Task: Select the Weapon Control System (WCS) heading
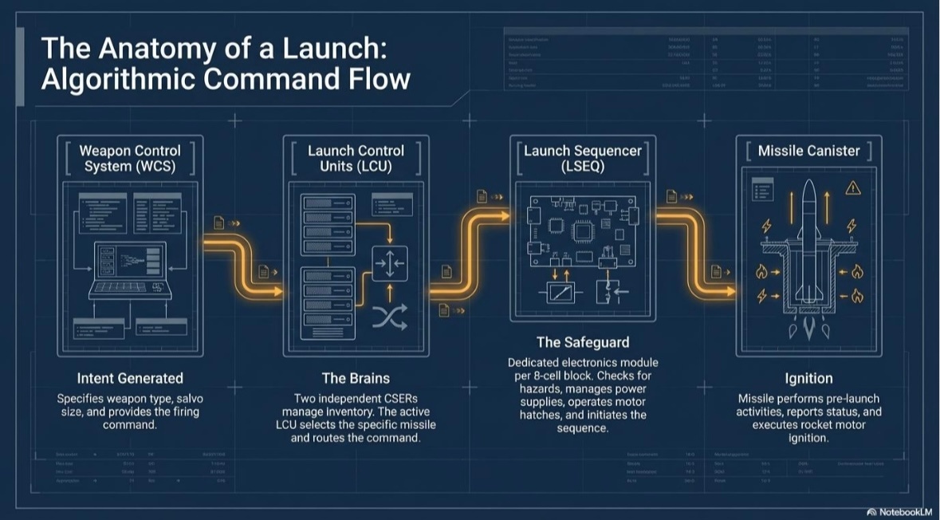click(130, 158)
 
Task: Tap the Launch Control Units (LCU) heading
click(356, 158)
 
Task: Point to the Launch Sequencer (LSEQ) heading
click(582, 158)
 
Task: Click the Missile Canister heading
click(808, 151)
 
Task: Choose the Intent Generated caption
click(130, 378)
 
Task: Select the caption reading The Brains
click(356, 378)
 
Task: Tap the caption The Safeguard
click(582, 342)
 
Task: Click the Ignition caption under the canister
click(808, 378)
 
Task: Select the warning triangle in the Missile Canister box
click(853, 188)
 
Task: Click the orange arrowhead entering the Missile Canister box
click(731, 293)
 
